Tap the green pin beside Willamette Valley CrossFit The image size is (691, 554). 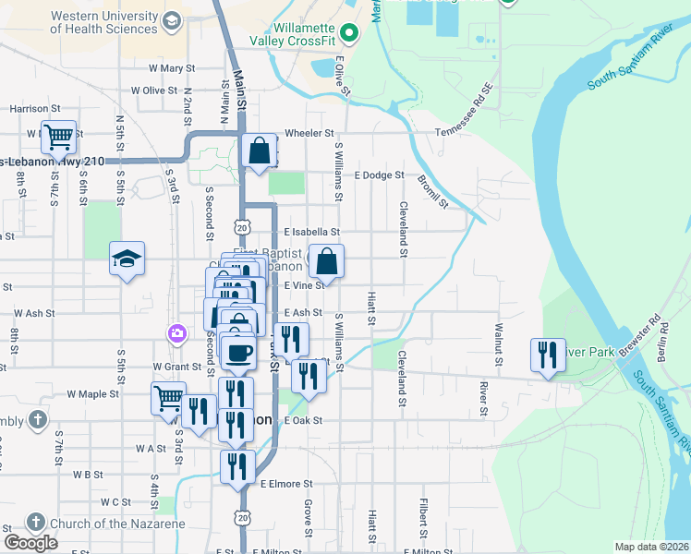[x=348, y=35]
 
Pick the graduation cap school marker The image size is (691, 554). [x=127, y=259]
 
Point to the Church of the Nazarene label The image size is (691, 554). [x=116, y=524]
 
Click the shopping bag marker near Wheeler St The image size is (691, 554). [x=261, y=150]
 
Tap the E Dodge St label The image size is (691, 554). [x=380, y=175]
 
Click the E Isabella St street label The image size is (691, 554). [x=312, y=232]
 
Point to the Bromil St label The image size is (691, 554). [x=432, y=191]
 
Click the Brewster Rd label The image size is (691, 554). [x=643, y=338]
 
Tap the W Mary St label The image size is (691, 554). [x=172, y=67]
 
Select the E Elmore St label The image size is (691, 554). [x=287, y=483]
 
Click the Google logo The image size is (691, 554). [x=30, y=542]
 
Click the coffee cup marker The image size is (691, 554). [x=239, y=352]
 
